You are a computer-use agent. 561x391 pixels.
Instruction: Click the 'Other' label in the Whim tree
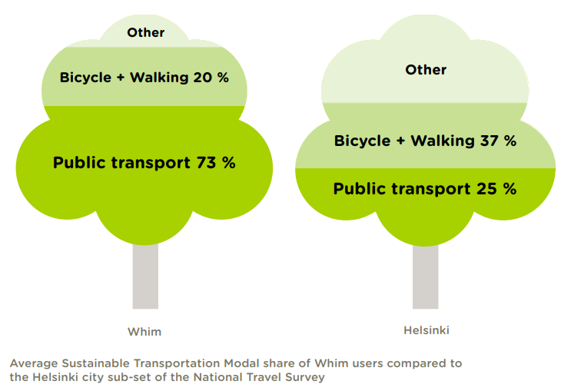click(x=145, y=32)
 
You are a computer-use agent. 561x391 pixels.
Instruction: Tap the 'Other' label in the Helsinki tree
click(x=426, y=70)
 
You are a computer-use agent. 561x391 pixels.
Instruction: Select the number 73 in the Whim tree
click(x=206, y=163)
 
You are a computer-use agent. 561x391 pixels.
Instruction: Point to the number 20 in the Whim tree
click(x=203, y=78)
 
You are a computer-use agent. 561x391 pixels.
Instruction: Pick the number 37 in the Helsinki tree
click(x=489, y=141)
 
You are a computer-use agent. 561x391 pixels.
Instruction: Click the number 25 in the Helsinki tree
click(x=486, y=189)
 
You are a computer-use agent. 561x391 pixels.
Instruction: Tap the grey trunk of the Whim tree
click(x=145, y=277)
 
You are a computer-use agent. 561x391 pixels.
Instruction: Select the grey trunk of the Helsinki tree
click(x=426, y=277)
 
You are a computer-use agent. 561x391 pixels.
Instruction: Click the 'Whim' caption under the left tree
click(x=144, y=332)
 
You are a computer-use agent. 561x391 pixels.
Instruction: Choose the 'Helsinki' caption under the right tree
click(x=427, y=330)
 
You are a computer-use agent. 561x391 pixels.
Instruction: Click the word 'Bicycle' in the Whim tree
click(x=85, y=78)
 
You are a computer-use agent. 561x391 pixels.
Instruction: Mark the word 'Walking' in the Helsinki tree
click(x=443, y=141)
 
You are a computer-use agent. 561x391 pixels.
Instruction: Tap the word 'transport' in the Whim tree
click(x=151, y=163)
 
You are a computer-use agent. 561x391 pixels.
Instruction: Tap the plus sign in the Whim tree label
click(x=121, y=78)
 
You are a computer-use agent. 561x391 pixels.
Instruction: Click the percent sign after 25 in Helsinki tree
click(x=510, y=189)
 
